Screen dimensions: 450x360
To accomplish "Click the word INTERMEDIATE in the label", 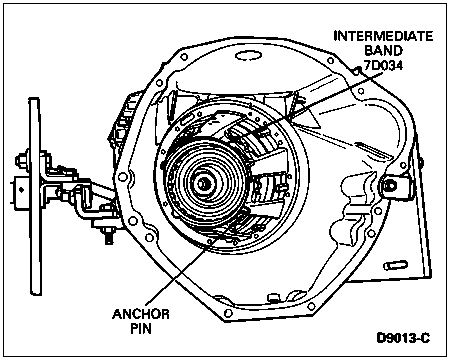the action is [383, 36].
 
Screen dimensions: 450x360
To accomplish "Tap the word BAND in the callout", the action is [383, 50].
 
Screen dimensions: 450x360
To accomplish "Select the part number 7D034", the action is [383, 65].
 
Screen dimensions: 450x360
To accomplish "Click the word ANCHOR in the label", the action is [141, 314].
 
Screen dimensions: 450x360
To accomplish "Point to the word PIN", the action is [141, 329].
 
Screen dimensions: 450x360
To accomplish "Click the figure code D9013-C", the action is [403, 338].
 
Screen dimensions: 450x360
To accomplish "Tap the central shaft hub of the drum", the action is [202, 184].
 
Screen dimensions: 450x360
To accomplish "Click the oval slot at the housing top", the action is [248, 55].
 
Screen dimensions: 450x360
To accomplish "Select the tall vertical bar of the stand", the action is [35, 197].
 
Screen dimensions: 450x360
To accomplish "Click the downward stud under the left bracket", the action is [108, 236].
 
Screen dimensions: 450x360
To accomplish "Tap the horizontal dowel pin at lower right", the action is [396, 265].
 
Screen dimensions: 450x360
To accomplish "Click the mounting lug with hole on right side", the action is [396, 185].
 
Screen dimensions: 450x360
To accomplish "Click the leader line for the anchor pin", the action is [189, 263].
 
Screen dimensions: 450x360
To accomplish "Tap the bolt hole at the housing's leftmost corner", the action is [123, 177].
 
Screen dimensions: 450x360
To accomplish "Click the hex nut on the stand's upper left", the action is [22, 160].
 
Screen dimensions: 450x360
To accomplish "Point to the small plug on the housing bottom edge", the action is [273, 297].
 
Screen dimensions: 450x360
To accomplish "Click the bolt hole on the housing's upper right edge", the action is [330, 61].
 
